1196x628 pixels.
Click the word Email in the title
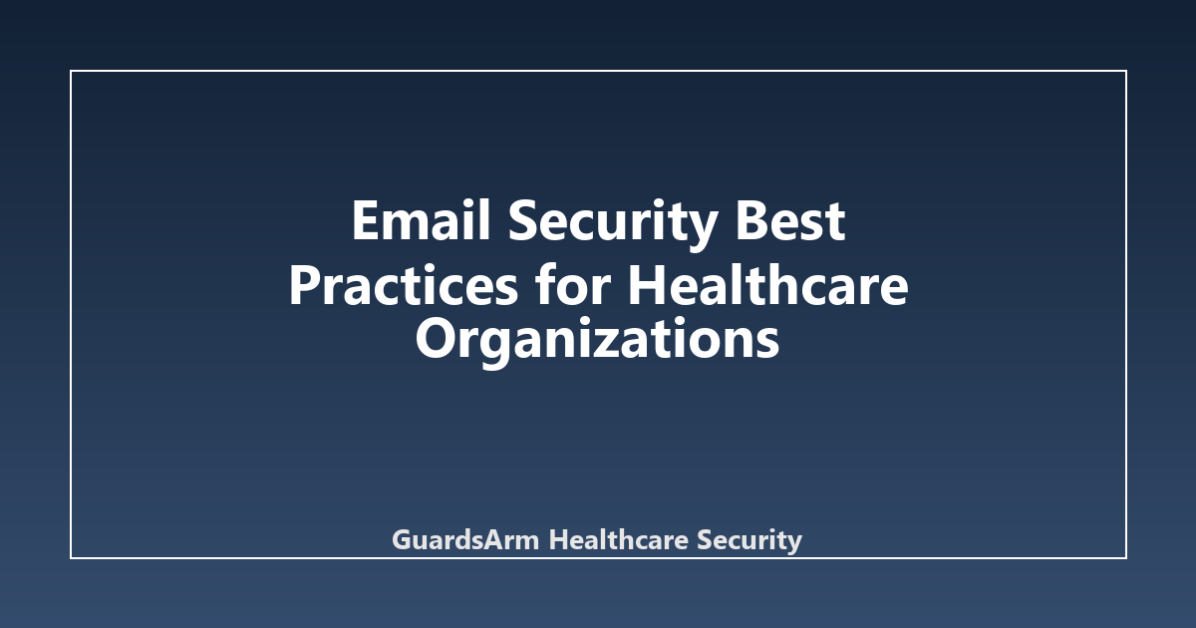coord(421,220)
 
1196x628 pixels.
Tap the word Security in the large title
coord(612,224)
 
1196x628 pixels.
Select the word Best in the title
coord(790,220)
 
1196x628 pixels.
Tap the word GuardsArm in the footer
coord(465,539)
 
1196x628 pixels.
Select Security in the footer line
coord(749,540)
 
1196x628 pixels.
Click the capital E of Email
coord(365,220)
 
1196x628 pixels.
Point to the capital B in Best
coord(750,220)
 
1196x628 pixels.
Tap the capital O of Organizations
coord(436,339)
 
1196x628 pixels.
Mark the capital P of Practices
coord(304,285)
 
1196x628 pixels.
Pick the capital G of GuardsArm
coord(402,539)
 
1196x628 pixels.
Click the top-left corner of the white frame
coord(71,71)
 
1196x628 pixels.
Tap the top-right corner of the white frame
coord(1126,71)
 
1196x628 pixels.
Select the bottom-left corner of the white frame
coord(71,558)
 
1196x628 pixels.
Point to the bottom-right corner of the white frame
coord(1126,558)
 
